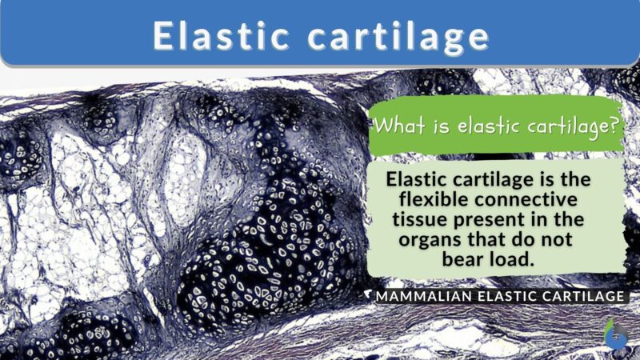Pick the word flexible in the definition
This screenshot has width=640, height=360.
pos(430,198)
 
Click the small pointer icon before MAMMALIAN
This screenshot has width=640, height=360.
pos(369,296)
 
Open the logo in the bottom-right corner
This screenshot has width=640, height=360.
pos(614,335)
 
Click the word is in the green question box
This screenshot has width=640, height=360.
pos(437,126)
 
